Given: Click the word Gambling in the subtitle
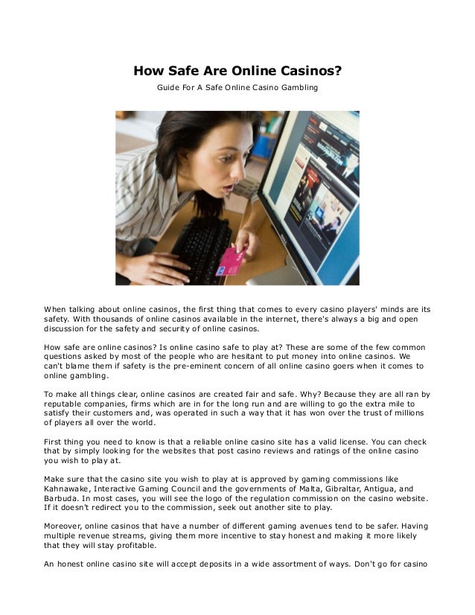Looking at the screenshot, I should click(x=298, y=88).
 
